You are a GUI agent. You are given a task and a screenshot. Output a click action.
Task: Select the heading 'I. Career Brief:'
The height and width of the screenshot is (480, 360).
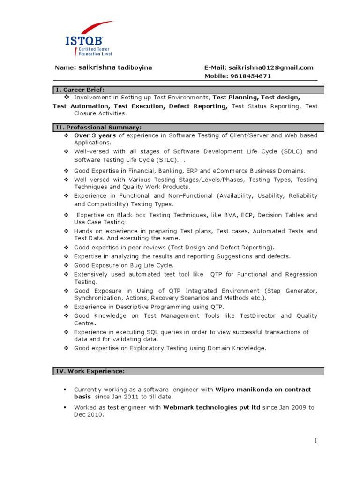click(x=80, y=90)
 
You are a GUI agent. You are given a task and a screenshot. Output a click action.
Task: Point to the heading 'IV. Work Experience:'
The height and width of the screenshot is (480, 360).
click(x=90, y=371)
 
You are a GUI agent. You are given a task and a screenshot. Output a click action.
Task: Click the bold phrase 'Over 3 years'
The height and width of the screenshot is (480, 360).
click(x=95, y=135)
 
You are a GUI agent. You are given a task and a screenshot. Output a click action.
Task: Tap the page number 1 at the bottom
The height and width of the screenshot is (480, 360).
click(x=316, y=440)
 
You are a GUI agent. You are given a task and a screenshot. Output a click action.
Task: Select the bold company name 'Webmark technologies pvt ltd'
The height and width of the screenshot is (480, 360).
click(x=211, y=407)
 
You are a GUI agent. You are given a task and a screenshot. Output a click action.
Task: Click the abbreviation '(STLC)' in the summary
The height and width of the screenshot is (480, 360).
click(x=170, y=160)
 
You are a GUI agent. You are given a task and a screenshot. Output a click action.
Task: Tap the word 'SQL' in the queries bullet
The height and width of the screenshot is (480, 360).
click(x=154, y=332)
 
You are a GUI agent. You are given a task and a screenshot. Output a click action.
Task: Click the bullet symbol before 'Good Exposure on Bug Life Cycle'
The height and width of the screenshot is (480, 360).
click(x=66, y=265)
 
